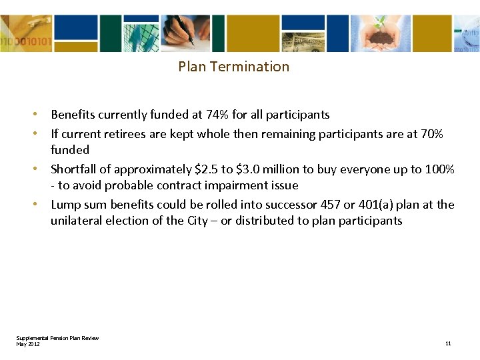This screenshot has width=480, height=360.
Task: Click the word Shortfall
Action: [x=73, y=169]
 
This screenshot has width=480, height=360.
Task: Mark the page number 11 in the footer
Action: [x=448, y=343]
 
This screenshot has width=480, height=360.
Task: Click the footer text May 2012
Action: [x=28, y=343]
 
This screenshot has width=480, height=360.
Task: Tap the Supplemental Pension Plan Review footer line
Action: [x=57, y=338]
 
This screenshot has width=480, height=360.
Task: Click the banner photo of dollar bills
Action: [x=303, y=42]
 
